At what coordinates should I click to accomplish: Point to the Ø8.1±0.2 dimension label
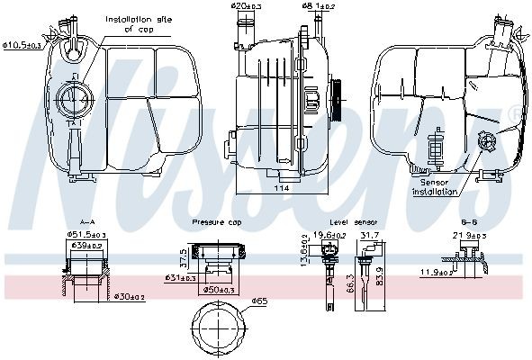[319, 6]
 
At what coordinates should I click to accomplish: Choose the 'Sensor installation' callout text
[437, 185]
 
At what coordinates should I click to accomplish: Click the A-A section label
[87, 221]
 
